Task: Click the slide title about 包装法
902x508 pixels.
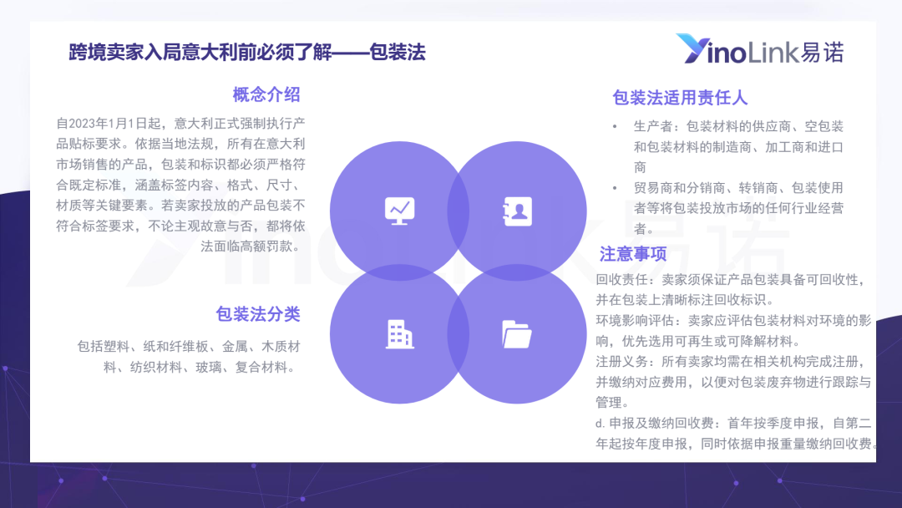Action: [247, 53]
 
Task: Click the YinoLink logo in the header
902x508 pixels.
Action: [760, 49]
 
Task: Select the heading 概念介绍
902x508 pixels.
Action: [266, 95]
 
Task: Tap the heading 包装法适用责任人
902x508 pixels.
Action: [680, 98]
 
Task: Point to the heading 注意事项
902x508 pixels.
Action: [633, 254]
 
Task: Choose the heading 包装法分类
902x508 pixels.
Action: [258, 314]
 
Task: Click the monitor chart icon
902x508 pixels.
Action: [400, 211]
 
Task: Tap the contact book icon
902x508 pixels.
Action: [517, 211]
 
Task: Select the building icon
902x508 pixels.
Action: [400, 334]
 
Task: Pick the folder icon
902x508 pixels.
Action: [517, 334]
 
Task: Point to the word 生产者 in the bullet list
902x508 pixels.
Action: [653, 126]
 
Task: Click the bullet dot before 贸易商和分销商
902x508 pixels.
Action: [615, 188]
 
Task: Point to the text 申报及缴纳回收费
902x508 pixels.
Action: [661, 424]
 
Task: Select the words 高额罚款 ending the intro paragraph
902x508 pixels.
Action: [266, 246]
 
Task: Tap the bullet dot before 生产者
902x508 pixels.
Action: [615, 126]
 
